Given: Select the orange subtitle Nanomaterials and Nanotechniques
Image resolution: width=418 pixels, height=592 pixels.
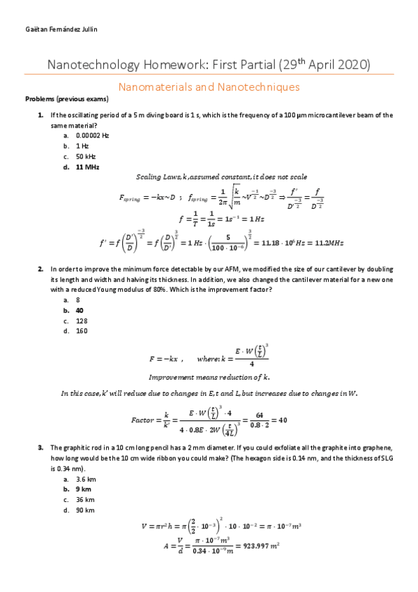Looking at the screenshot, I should [x=209, y=87].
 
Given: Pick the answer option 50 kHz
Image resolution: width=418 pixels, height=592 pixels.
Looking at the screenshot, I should [x=85, y=156].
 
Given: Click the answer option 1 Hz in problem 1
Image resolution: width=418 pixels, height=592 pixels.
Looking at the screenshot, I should [x=82, y=146].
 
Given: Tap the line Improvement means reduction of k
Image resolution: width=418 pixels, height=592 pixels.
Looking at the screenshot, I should [x=209, y=376].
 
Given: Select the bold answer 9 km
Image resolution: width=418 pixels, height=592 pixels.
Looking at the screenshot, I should [x=84, y=489].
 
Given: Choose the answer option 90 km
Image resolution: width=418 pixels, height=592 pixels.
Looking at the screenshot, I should [x=85, y=510].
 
